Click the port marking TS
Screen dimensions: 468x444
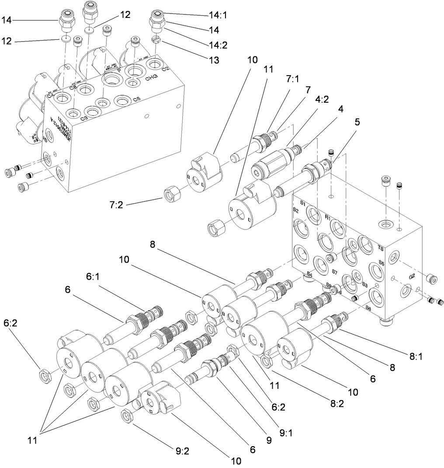tap(381, 248)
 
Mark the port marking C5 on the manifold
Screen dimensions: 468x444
tap(137, 99)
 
